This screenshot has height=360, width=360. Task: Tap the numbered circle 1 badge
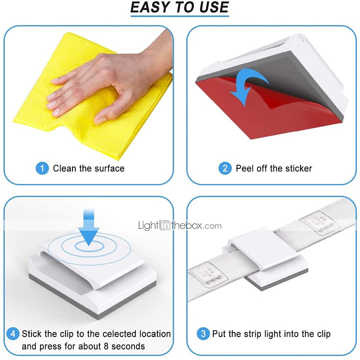[x=42, y=168]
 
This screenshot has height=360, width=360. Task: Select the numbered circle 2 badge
[x=225, y=168]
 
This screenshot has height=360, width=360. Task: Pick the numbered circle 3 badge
[x=203, y=333]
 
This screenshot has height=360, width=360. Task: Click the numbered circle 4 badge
[x=13, y=333]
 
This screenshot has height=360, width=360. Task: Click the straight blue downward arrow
[x=89, y=227]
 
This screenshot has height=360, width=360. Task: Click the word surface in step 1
[x=109, y=169]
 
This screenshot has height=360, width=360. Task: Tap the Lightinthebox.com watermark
[x=180, y=225]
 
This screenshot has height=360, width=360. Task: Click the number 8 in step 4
[x=106, y=346]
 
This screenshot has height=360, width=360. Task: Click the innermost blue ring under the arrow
[x=90, y=246]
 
